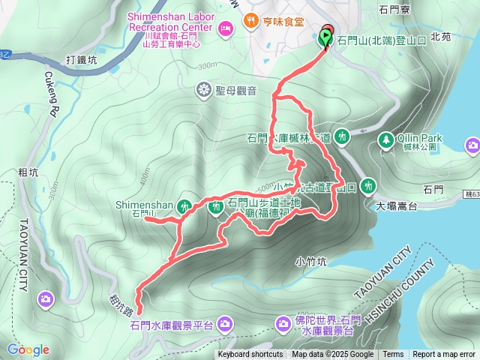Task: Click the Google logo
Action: [x=28, y=349]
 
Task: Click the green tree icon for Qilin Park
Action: [x=385, y=139]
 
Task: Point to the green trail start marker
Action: [x=327, y=37]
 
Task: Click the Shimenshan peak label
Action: [x=145, y=205]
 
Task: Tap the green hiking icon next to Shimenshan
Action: [x=186, y=205]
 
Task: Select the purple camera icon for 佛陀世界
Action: [x=283, y=324]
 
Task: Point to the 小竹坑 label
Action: [x=310, y=262]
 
